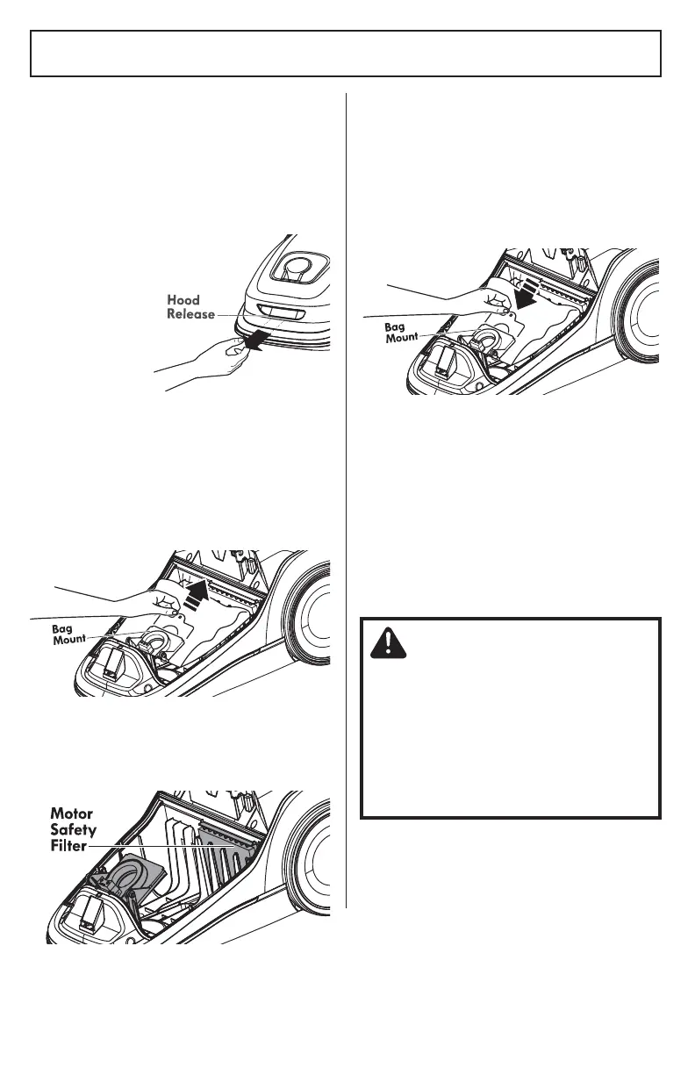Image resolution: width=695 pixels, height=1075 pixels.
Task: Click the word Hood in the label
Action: [x=183, y=300]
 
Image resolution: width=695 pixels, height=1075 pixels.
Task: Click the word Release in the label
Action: [x=190, y=314]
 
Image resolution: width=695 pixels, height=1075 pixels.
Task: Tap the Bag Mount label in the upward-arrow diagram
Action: [x=68, y=633]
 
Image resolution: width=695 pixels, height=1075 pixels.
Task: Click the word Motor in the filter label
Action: [x=71, y=814]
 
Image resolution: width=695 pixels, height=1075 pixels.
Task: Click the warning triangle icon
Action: [x=383, y=645]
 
